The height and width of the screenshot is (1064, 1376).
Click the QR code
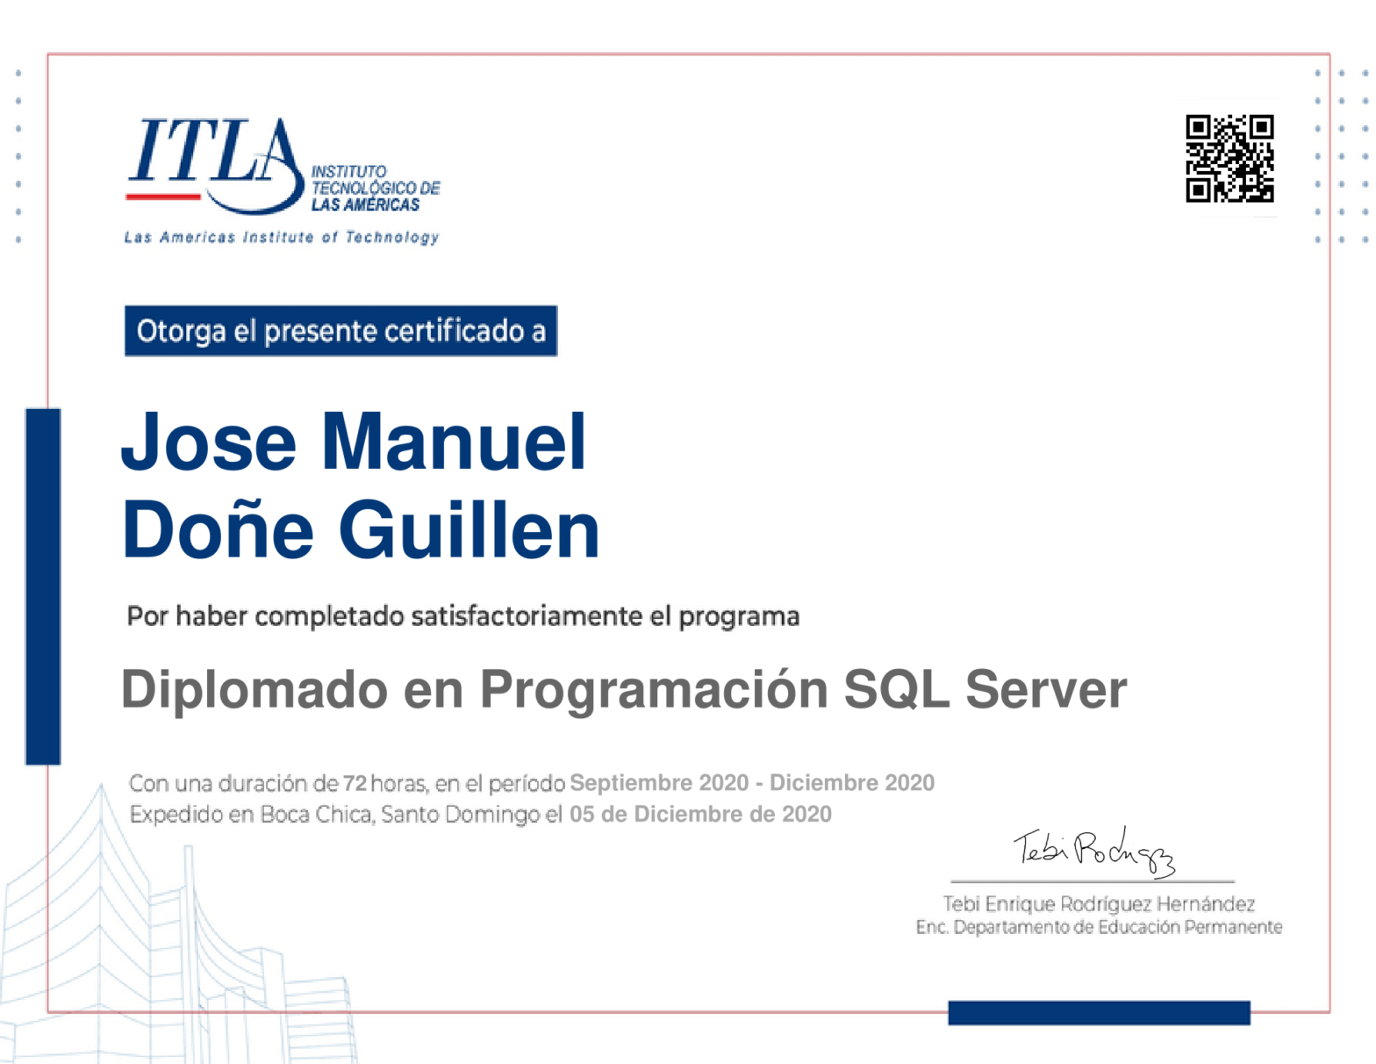click(x=1229, y=158)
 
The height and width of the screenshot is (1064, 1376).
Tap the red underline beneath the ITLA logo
click(x=162, y=197)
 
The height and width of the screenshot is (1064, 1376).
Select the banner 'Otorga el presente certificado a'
click(x=340, y=331)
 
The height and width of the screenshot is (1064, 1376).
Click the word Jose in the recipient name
click(x=208, y=442)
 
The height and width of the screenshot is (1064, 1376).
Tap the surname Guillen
click(x=469, y=529)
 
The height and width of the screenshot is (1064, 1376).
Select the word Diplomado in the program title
click(x=254, y=691)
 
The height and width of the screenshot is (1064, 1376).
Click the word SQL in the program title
click(x=896, y=690)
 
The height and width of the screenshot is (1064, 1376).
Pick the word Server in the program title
click(x=1045, y=690)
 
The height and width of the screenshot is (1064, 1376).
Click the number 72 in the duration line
click(x=355, y=783)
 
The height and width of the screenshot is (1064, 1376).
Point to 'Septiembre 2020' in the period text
click(x=658, y=783)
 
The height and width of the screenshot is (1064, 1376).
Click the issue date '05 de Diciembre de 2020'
click(x=699, y=814)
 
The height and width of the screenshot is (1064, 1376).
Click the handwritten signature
click(x=1094, y=852)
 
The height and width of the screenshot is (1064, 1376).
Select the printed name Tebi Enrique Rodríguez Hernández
click(x=1099, y=903)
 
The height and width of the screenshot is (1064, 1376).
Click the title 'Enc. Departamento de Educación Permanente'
click(x=1099, y=927)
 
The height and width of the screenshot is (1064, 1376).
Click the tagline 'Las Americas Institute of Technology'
click(x=282, y=238)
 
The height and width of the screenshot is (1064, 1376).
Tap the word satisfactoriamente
click(x=527, y=616)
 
